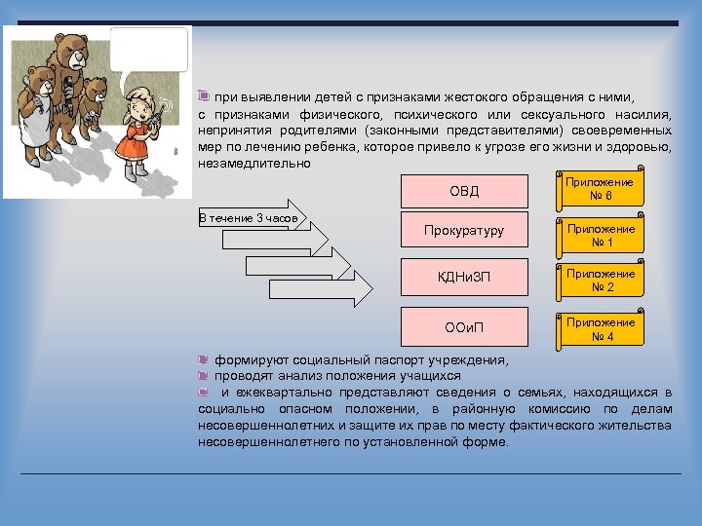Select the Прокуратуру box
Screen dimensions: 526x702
click(x=463, y=231)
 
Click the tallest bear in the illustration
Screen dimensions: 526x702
click(x=71, y=78)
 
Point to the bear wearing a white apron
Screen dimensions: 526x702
click(x=37, y=112)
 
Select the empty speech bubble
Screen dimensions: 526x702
click(x=149, y=49)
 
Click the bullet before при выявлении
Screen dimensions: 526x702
click(x=203, y=96)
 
